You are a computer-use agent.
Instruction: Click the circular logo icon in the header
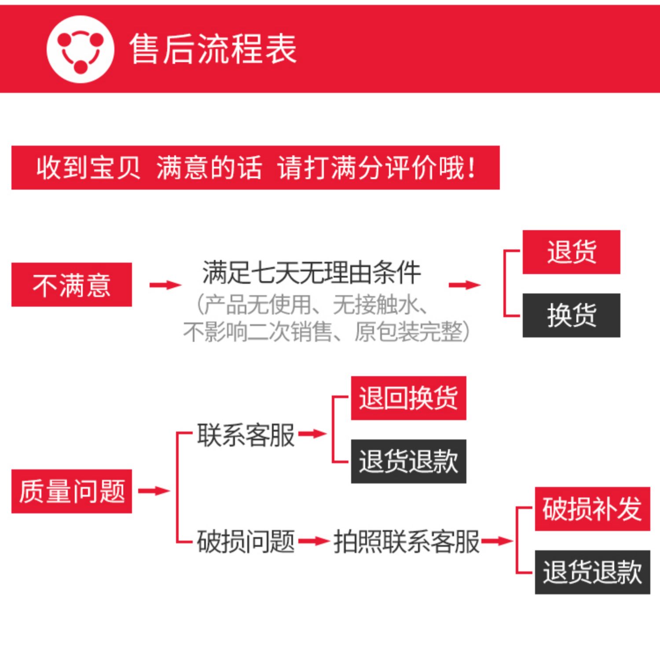(80, 49)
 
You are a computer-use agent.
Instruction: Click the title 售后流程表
(213, 49)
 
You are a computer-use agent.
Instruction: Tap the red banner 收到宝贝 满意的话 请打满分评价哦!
(255, 168)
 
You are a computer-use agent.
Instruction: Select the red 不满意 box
(72, 285)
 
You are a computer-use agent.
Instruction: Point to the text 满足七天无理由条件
(312, 273)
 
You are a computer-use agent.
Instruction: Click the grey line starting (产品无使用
(312, 304)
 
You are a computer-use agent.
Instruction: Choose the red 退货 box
(571, 252)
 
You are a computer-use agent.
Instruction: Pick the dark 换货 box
(571, 315)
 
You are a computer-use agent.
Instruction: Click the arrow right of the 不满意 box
(165, 285)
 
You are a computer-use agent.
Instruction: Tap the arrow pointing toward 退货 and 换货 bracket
(465, 285)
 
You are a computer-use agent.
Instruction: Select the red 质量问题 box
(72, 491)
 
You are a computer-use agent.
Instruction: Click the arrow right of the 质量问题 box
(154, 491)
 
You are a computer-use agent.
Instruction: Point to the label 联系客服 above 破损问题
(246, 435)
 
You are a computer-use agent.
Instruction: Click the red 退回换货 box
(408, 398)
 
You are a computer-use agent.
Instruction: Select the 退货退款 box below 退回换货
(408, 462)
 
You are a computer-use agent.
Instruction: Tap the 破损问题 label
(246, 541)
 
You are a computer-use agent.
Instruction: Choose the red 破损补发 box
(592, 509)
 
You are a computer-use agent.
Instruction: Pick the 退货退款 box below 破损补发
(592, 572)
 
